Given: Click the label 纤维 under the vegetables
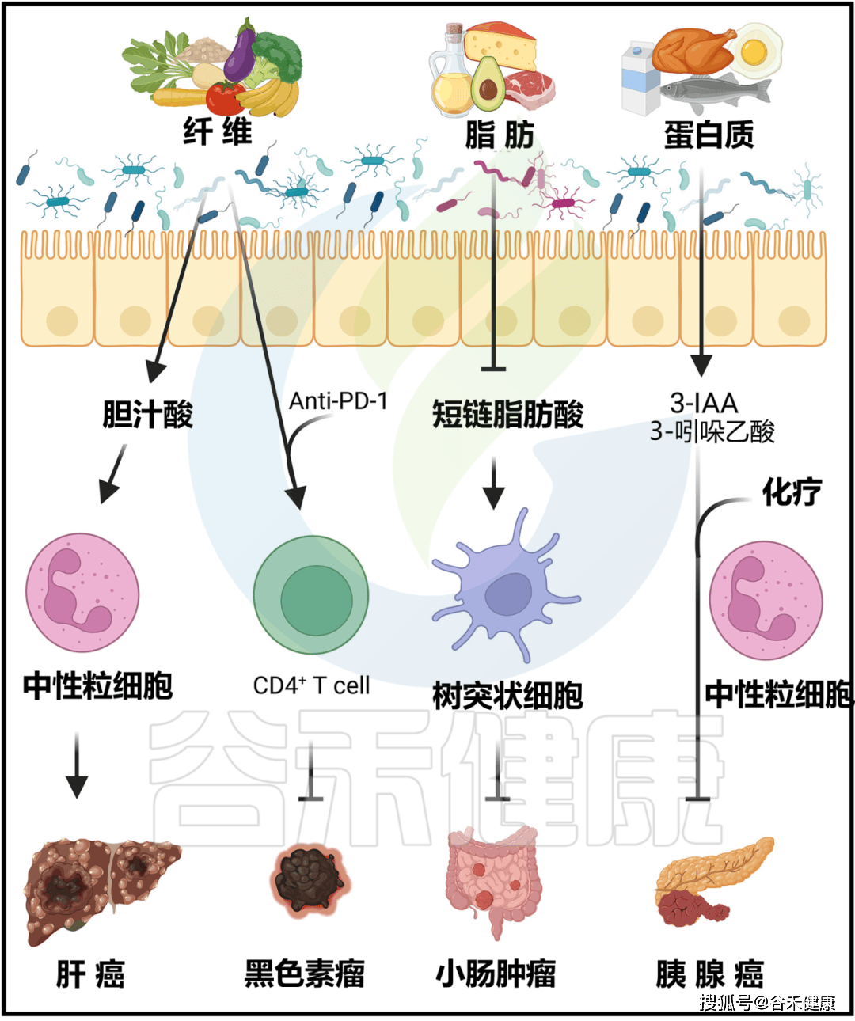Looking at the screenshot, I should point(218,131).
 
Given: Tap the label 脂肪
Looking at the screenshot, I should point(500,135).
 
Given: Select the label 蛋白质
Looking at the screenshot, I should point(709,135).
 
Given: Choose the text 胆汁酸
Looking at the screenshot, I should point(147,414).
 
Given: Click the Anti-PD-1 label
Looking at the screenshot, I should point(338,401).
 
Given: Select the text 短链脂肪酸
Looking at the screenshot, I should point(507,414).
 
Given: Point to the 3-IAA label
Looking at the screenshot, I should point(704,403).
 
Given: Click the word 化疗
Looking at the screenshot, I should point(792,492).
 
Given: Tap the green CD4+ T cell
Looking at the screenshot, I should point(311,594).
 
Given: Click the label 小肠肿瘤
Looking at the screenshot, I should point(496,974).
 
